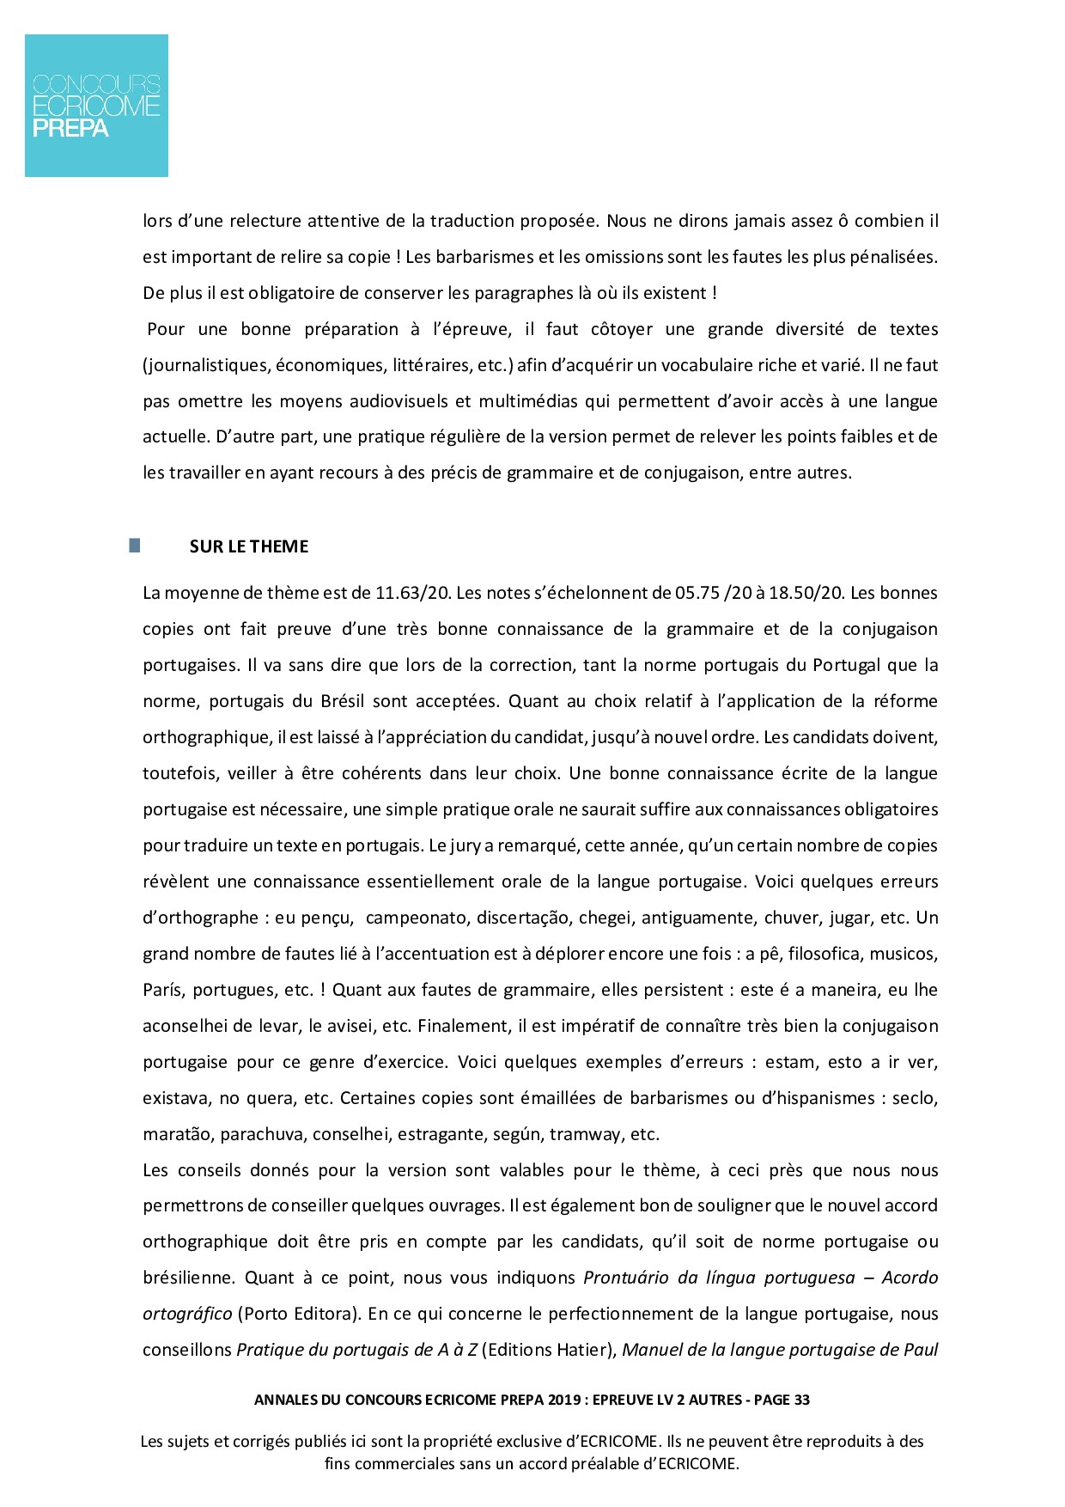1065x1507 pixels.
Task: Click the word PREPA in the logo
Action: [70, 129]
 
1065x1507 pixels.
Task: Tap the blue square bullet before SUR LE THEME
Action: [135, 546]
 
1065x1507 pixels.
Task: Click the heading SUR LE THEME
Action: [249, 546]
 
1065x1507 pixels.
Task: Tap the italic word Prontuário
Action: [626, 1278]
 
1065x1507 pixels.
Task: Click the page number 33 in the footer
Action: [801, 1400]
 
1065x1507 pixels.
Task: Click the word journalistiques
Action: [206, 365]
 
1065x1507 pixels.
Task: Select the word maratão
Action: [177, 1134]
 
